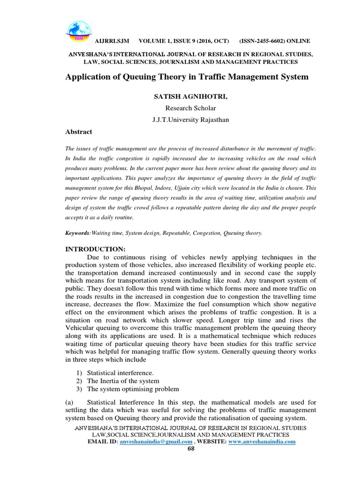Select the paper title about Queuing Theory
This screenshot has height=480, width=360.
pyautogui.click(x=187, y=76)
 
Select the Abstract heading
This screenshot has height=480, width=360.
pyautogui.click(x=78, y=132)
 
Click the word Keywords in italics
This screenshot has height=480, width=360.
pyautogui.click(x=77, y=232)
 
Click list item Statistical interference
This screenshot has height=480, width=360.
pyautogui.click(x=120, y=372)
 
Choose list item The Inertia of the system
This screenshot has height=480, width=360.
pyautogui.click(x=124, y=381)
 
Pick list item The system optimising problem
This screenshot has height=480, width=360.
pyautogui.click(x=133, y=389)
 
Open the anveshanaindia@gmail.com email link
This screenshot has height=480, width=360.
pyautogui.click(x=156, y=442)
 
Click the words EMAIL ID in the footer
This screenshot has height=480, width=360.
pyautogui.click(x=102, y=442)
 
